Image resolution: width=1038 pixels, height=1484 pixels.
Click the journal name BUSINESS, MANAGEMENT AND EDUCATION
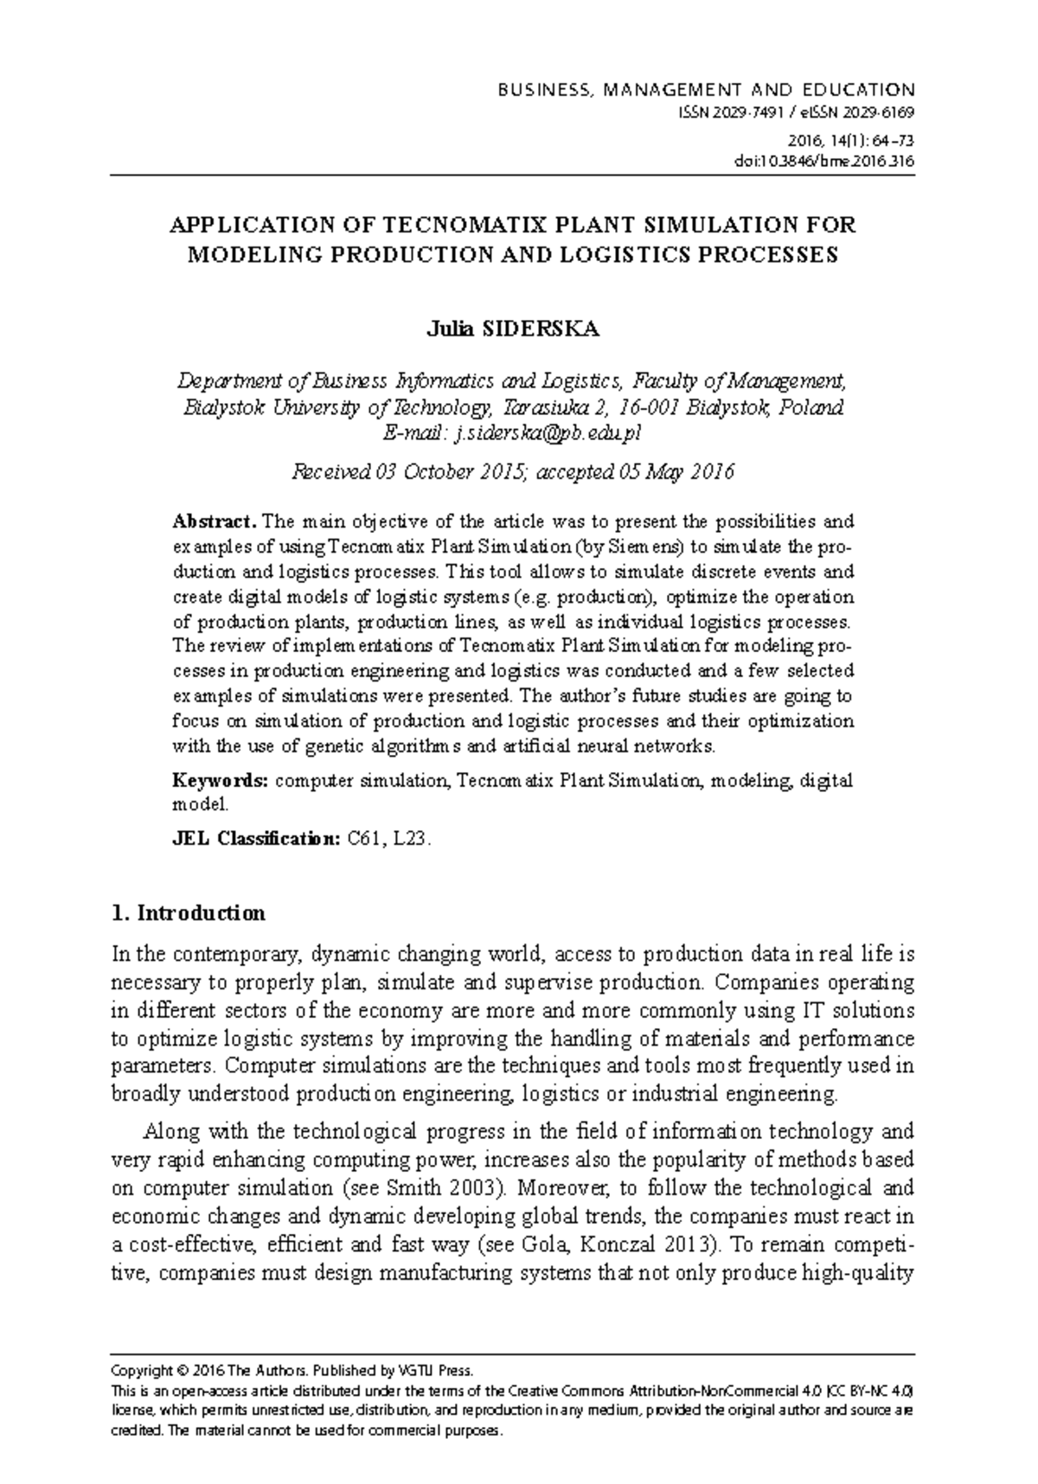(x=705, y=90)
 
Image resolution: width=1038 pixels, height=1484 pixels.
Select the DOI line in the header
(x=835, y=161)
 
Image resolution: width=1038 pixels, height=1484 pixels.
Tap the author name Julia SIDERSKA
(x=512, y=329)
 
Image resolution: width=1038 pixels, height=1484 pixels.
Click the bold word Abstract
(x=213, y=521)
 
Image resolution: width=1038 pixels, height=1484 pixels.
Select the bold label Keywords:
(x=221, y=781)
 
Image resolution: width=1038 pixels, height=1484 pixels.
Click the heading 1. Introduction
(x=189, y=913)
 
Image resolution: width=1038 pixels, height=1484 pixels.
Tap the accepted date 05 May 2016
(x=676, y=472)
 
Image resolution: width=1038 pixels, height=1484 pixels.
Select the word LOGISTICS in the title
(x=653, y=255)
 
